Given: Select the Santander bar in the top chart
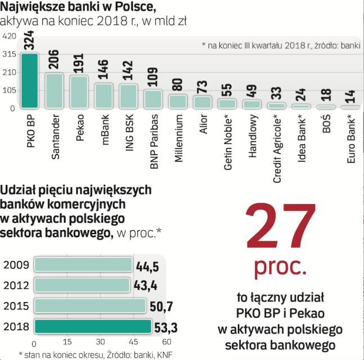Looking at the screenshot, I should (x=54, y=90).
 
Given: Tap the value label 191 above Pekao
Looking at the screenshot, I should (x=79, y=66).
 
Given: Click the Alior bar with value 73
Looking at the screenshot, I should (x=203, y=102).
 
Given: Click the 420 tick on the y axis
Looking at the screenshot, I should (x=8, y=36).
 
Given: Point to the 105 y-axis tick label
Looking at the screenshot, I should (x=8, y=90).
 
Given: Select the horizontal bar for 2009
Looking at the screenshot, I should (x=83, y=264).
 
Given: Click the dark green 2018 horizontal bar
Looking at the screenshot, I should (x=93, y=327).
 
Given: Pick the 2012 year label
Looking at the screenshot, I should (x=16, y=285).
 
